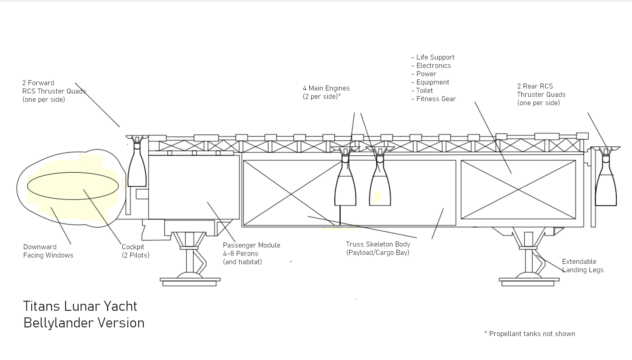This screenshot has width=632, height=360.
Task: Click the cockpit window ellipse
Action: (73, 186)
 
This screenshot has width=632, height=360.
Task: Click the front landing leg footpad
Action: (190, 281)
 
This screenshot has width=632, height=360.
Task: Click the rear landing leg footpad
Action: (529, 281)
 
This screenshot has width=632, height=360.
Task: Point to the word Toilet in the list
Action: (424, 90)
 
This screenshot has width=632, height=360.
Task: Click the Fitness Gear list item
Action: (436, 99)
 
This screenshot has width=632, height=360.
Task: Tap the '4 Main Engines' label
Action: (326, 89)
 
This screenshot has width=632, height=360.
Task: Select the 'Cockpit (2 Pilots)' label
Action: (135, 251)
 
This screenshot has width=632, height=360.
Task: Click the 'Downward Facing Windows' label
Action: (48, 251)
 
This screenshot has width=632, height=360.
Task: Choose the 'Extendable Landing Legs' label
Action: (582, 266)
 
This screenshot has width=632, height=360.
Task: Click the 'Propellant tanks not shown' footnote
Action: (532, 334)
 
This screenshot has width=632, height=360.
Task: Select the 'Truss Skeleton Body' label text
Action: (378, 244)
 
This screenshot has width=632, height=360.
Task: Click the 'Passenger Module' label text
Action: (251, 245)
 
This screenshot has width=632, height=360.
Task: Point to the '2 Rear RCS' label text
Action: (535, 86)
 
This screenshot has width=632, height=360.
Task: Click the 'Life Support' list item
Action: (435, 57)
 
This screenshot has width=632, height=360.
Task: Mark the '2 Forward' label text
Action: (38, 83)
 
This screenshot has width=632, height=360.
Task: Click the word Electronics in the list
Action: (433, 66)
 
